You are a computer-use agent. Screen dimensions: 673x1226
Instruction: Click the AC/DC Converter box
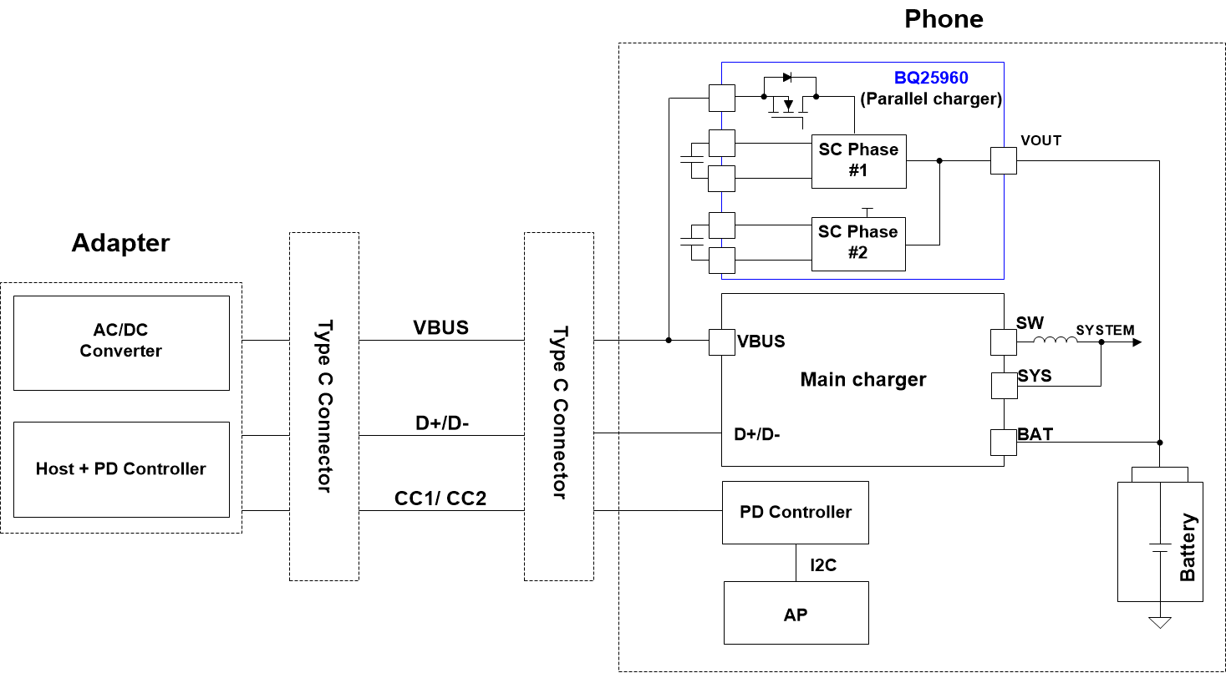pos(121,342)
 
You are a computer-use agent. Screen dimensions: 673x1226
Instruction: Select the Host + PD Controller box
pos(121,469)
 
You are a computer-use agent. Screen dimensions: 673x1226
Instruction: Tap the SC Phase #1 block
pos(858,160)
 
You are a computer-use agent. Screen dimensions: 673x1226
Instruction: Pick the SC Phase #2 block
pos(858,243)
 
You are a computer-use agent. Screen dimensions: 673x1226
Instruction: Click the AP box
pos(796,614)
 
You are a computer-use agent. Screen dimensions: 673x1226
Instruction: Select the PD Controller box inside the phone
pos(796,512)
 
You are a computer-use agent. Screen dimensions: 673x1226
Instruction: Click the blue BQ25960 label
pos(931,78)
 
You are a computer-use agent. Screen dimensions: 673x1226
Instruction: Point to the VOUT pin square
pos(1003,160)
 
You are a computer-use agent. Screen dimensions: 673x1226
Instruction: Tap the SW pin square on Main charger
pos(1003,342)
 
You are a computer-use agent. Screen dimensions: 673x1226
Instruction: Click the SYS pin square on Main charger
pos(1003,386)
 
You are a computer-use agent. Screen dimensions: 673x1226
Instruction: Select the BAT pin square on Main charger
pos(1003,442)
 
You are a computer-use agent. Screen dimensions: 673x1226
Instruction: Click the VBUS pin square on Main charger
pos(721,342)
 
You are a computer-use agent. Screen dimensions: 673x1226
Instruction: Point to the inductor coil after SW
pos(1056,341)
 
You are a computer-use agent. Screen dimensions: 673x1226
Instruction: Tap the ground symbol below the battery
pos(1159,622)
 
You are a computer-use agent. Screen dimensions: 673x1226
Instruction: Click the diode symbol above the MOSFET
pos(788,78)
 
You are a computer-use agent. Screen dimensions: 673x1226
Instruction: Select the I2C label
pos(823,565)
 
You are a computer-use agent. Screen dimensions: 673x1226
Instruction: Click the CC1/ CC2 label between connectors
pos(440,499)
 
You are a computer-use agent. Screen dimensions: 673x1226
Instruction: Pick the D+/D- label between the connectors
pos(441,424)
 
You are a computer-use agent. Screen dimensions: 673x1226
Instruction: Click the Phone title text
pos(944,19)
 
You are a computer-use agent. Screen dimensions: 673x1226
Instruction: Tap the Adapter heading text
pos(120,243)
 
